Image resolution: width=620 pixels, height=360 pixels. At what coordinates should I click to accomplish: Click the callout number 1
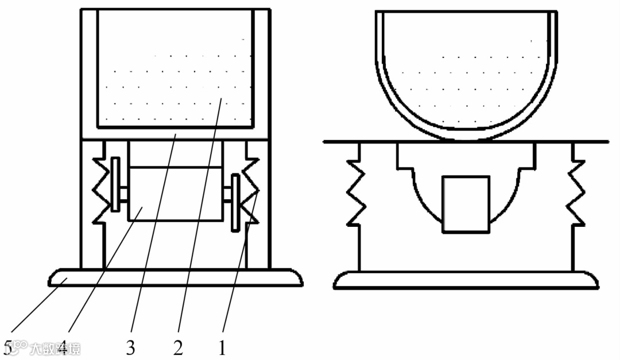coord(221,348)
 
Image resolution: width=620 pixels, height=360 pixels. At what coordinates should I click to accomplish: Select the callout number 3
coord(131,348)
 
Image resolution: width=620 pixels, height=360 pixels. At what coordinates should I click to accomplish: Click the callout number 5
coord(7,348)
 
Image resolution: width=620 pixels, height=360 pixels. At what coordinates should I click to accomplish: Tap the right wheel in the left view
coord(234,203)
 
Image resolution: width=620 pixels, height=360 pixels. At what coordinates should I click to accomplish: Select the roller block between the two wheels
coord(175,194)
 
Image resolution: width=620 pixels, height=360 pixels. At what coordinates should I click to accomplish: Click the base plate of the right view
coord(466,280)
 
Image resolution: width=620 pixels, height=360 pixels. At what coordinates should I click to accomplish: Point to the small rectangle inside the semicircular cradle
coord(466,204)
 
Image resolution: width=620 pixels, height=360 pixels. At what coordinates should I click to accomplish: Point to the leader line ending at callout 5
coord(34,310)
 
